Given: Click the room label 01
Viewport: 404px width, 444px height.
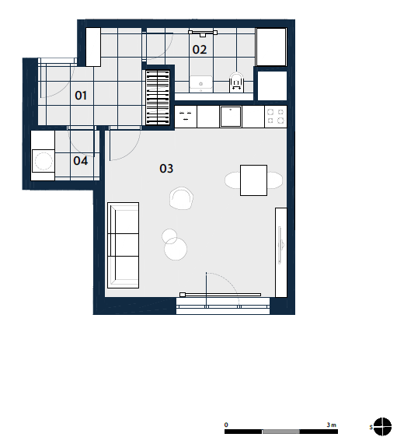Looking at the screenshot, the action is click(81, 96).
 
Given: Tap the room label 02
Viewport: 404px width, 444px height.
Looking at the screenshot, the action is click(200, 50).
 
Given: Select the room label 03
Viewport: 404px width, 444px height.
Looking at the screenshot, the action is click(166, 169).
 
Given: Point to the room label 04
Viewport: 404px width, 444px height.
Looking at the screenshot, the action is click(81, 161).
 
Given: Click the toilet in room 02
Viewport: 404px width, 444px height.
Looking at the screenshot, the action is click(236, 82).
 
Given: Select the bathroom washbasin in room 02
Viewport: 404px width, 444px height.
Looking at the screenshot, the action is click(201, 82).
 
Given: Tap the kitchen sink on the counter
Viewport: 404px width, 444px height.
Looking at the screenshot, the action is click(231, 117).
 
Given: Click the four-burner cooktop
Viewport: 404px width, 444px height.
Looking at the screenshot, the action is click(276, 117).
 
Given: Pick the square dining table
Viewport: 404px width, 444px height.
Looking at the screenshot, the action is click(253, 180).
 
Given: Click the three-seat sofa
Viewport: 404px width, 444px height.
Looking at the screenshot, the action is click(123, 245).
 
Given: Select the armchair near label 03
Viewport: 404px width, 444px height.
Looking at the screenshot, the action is click(181, 198).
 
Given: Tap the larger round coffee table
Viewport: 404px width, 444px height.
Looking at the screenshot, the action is click(176, 249).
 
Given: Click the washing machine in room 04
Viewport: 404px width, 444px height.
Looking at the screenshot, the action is click(44, 161).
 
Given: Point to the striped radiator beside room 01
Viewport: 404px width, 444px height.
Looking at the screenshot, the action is click(158, 97).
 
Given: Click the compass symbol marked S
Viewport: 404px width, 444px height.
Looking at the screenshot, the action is click(382, 426).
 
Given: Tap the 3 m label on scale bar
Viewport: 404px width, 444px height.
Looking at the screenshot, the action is click(331, 425).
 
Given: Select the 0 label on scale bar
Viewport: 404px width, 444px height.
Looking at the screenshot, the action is click(226, 425).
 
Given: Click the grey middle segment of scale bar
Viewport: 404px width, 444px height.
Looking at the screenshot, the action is click(281, 432).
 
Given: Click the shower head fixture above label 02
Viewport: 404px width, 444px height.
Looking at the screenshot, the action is click(203, 33).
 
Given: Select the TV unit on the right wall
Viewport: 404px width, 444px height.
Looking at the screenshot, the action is click(281, 253).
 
